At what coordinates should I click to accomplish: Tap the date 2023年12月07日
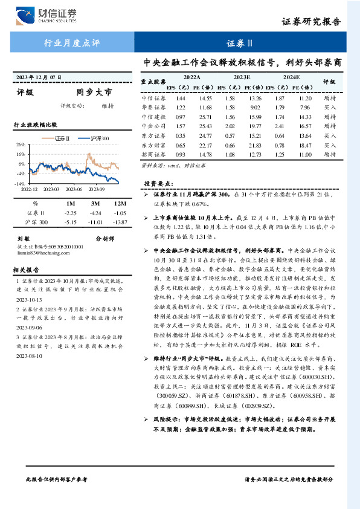pyautogui.click(x=39, y=77)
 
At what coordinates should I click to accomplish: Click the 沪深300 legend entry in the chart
pyautogui.click(x=95, y=138)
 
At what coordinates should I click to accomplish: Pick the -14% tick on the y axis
pyautogui.click(x=19, y=183)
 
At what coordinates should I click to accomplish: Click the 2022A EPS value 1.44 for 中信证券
pyautogui.click(x=180, y=97)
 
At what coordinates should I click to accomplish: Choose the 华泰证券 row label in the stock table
pyautogui.click(x=153, y=107)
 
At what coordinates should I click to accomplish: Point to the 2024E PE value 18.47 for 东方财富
pyautogui.click(x=305, y=145)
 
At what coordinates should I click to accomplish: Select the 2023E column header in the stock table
pyautogui.click(x=242, y=77)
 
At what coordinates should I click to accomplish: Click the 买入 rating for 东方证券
pyautogui.click(x=330, y=135)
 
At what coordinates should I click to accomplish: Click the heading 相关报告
pyautogui.click(x=27, y=270)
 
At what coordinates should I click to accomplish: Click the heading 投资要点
pyautogui.click(x=158, y=183)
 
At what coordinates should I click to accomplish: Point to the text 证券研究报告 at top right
pyautogui.click(x=320, y=22)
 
